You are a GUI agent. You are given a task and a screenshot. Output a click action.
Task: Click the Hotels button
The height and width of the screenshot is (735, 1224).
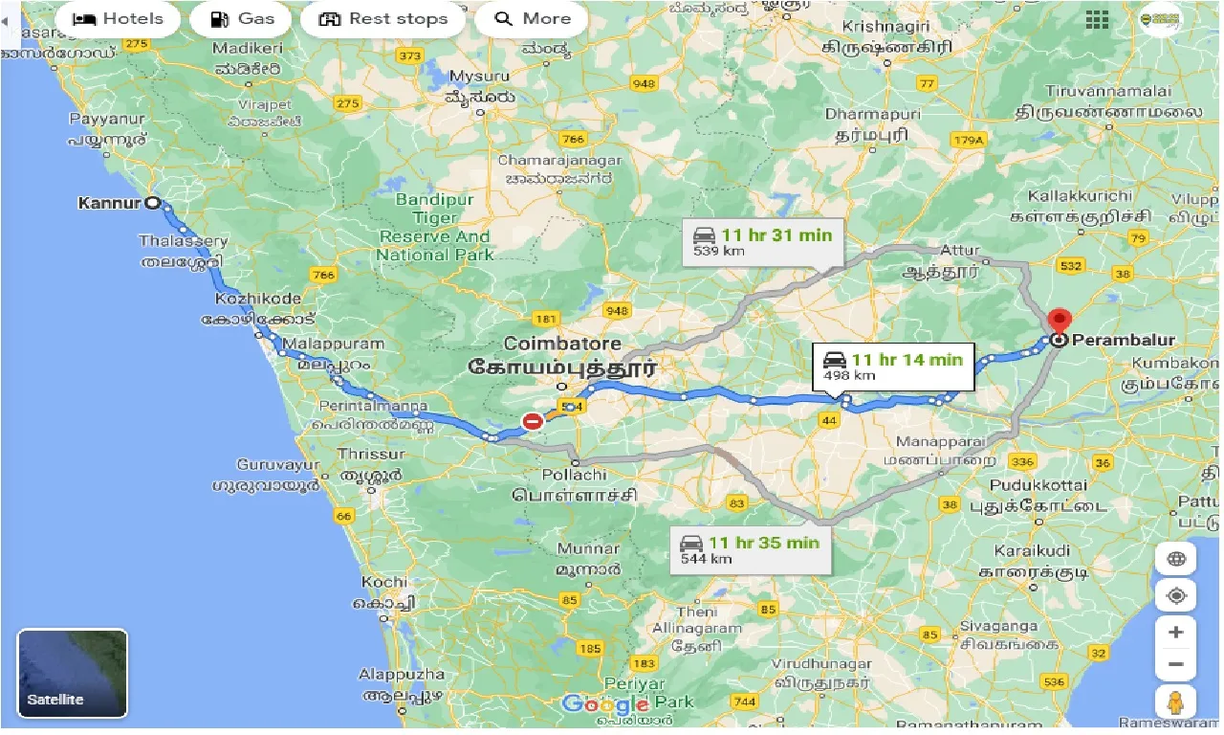click(x=118, y=19)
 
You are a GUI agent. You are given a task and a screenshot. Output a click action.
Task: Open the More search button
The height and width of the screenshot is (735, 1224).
click(x=533, y=19)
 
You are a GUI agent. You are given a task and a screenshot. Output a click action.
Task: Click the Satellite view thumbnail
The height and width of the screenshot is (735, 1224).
click(x=73, y=673)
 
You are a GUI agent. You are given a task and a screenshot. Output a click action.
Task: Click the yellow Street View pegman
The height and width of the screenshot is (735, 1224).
click(x=1175, y=702)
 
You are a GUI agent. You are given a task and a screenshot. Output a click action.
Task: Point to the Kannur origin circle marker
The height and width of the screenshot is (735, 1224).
click(x=153, y=203)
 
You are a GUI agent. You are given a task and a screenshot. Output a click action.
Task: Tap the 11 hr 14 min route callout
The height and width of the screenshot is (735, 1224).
click(x=892, y=366)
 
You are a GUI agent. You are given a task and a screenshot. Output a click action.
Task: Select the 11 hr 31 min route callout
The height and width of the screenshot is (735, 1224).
click(x=762, y=241)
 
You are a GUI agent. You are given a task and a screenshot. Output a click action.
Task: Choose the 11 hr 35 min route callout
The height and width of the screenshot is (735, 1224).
click(x=750, y=549)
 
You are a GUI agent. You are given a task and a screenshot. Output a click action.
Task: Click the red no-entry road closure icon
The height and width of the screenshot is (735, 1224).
click(x=533, y=421)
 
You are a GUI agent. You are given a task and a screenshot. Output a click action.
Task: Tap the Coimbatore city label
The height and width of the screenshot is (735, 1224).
click(x=562, y=344)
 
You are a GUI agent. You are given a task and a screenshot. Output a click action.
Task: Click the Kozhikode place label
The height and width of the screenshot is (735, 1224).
click(x=258, y=300)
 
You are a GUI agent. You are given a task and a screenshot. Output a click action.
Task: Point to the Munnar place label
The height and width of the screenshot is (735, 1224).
click(x=589, y=549)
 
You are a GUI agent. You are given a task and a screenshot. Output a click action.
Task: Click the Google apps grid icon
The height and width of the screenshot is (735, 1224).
click(x=1097, y=20)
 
